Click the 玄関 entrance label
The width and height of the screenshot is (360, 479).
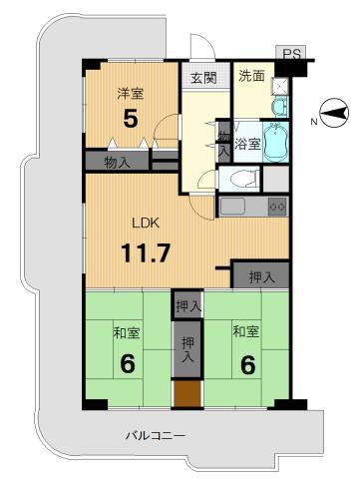tap(204, 79)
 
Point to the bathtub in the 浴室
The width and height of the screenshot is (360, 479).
tap(272, 146)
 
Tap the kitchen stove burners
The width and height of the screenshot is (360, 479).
tap(276, 207)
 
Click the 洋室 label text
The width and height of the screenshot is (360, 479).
tap(129, 94)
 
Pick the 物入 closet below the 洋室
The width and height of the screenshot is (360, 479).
tap(109, 161)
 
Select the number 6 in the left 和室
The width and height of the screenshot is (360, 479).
tap(127, 363)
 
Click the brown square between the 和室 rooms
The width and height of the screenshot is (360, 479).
tap(185, 393)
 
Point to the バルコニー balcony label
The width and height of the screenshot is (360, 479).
tap(155, 435)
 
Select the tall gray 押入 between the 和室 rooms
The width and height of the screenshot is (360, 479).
tap(185, 348)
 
